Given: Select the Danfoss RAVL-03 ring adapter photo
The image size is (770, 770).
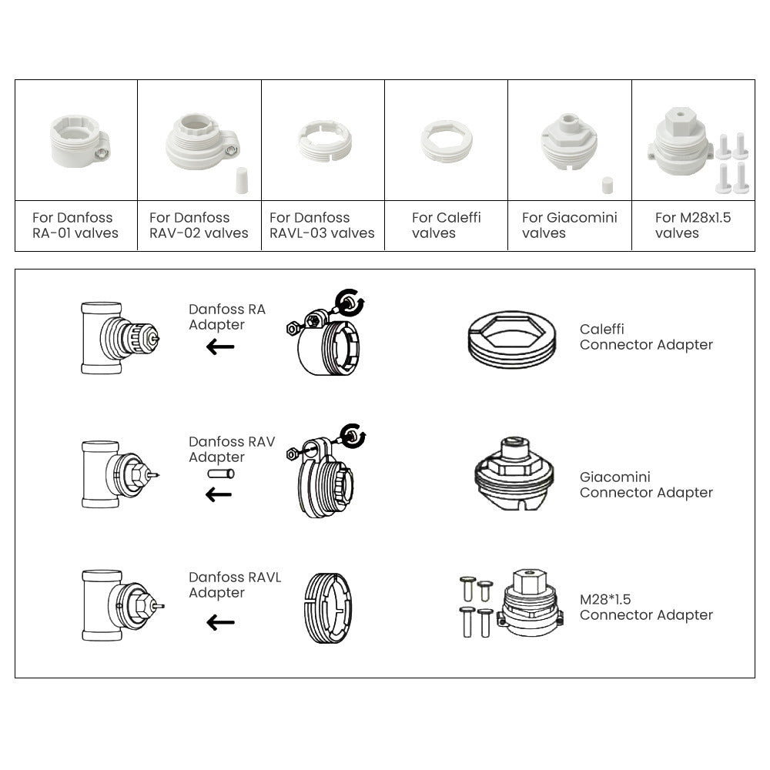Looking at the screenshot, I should coord(323,141).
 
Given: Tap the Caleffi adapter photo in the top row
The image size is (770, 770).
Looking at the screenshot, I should coord(447,141).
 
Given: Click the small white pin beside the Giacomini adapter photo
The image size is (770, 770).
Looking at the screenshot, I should coord(607,186).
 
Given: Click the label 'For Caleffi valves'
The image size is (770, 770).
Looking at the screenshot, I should coord(446,225).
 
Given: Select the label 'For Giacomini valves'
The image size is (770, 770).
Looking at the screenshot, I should coord(569,225).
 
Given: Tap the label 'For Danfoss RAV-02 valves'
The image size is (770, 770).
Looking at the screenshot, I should coord(199,225).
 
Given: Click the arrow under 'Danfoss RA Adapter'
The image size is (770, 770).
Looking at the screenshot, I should coord(220,347).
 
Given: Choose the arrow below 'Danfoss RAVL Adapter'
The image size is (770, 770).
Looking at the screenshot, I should coord(220,622).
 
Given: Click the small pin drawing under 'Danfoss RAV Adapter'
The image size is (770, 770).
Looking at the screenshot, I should coord(220,474).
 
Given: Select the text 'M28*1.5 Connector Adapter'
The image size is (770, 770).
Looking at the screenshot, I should coord(646,607).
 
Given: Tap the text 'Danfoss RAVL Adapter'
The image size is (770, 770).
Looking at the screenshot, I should coord(235,585).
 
